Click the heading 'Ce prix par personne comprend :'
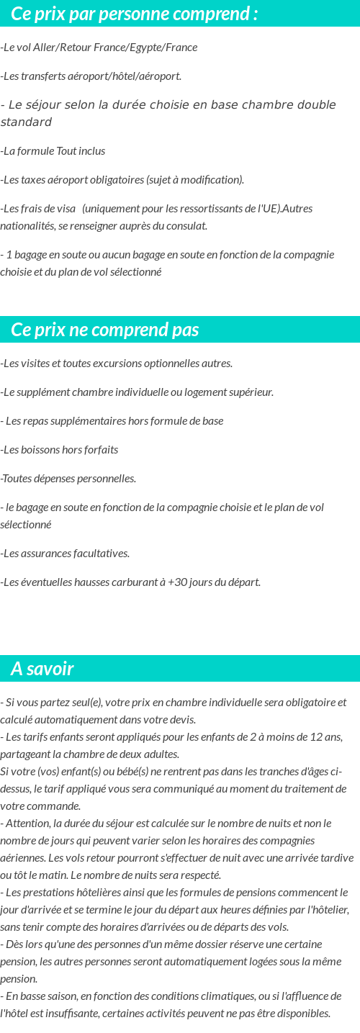point(135,14)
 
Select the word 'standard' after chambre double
point(26,122)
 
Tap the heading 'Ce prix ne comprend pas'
point(105,330)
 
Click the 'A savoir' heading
point(42,669)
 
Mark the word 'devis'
point(184,720)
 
